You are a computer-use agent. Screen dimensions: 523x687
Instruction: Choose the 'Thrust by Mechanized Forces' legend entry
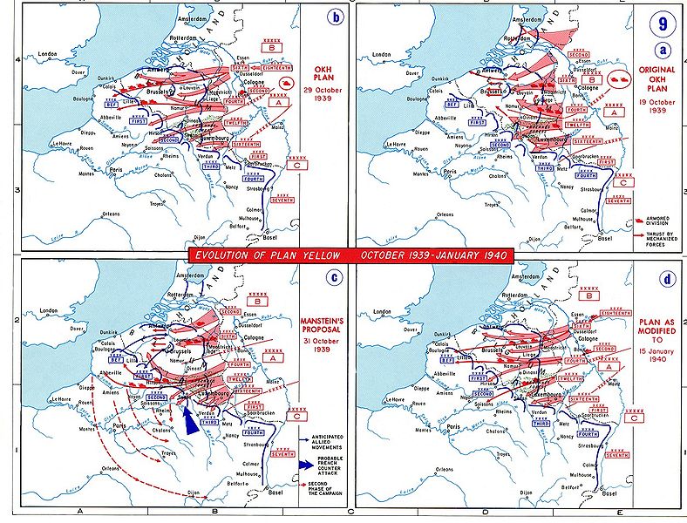pos(661,239)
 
